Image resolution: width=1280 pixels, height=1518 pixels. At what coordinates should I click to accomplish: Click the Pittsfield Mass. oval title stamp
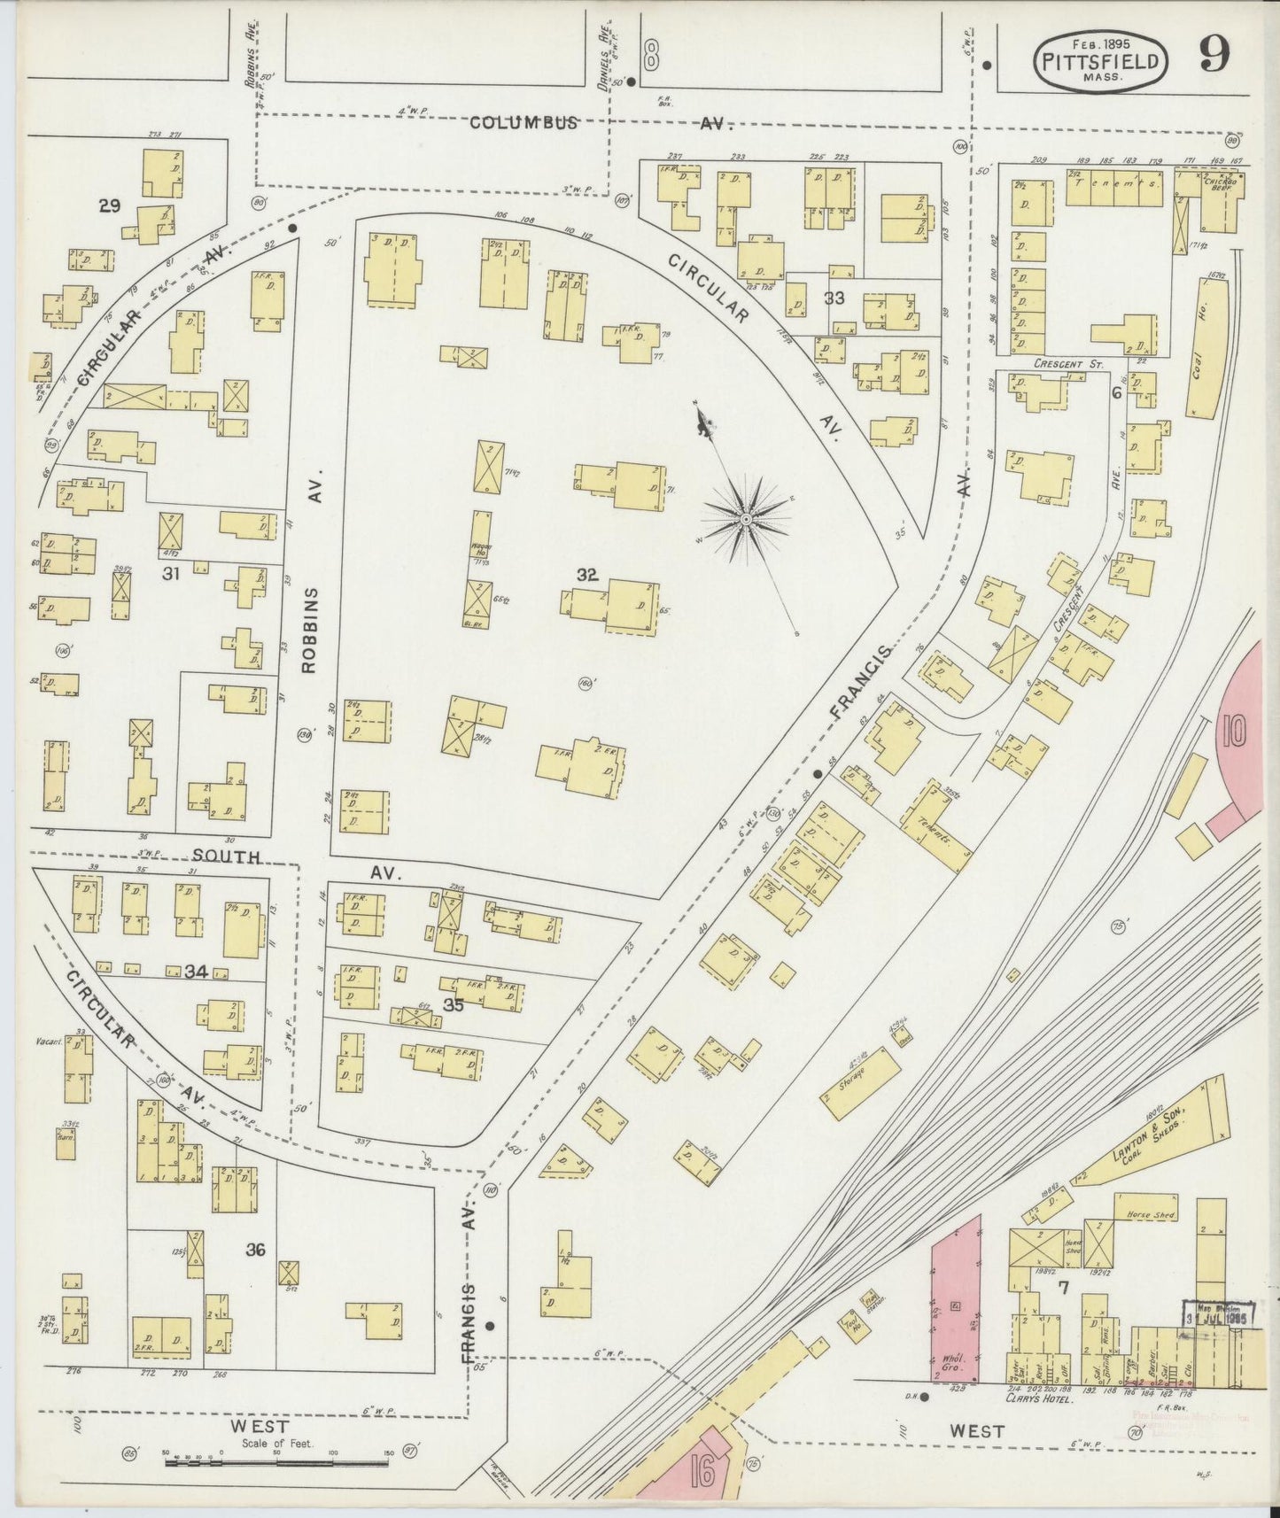[1099, 59]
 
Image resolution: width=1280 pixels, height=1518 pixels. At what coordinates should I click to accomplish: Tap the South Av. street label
[227, 857]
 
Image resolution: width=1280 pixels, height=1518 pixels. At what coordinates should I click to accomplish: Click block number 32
[586, 575]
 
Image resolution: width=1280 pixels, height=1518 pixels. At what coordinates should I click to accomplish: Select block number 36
[255, 1250]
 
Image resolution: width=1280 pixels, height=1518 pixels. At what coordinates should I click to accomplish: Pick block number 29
[109, 206]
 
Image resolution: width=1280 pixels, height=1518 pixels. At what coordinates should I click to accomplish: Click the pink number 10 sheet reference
[1234, 731]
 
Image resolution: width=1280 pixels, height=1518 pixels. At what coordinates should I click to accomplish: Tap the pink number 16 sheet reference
[704, 1475]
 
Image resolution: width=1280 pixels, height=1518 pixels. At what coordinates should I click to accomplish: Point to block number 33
[834, 298]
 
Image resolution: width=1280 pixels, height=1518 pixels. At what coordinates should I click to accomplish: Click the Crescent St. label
[1059, 364]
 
